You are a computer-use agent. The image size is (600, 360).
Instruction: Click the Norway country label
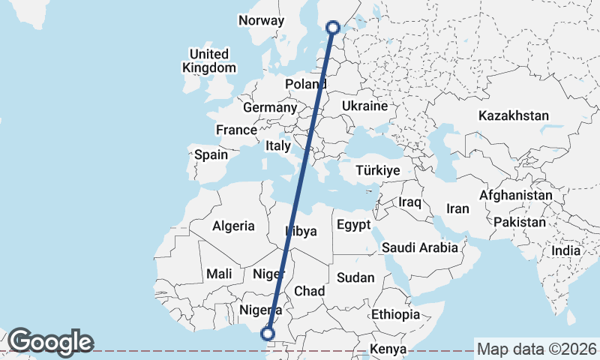[261, 21]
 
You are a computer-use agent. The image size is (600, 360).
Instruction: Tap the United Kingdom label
[209, 61]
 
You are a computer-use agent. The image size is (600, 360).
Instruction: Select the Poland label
[305, 84]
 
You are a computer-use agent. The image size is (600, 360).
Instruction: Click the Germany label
[270, 108]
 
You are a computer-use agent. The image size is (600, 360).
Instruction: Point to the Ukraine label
[364, 106]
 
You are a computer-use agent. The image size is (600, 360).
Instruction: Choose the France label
[236, 130]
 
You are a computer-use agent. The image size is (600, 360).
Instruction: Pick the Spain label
[211, 155]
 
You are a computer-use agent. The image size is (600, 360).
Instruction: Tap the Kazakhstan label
[514, 116]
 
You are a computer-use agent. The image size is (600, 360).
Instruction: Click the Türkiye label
[378, 171]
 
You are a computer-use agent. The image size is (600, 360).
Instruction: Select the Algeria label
[234, 226]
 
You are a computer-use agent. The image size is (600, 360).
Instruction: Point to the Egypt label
[353, 225]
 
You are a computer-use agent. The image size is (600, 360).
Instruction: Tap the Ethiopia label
[395, 314]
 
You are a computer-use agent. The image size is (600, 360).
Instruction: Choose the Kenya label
[388, 349]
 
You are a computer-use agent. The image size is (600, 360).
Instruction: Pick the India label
[566, 251]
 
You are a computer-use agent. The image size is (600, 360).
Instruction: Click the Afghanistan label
[515, 195]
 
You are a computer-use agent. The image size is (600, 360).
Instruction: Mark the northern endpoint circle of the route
[334, 28]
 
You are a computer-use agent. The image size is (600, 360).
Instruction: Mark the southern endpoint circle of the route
[268, 334]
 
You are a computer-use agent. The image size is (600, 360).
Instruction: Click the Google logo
[50, 342]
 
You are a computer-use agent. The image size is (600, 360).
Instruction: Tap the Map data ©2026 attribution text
[536, 349]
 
